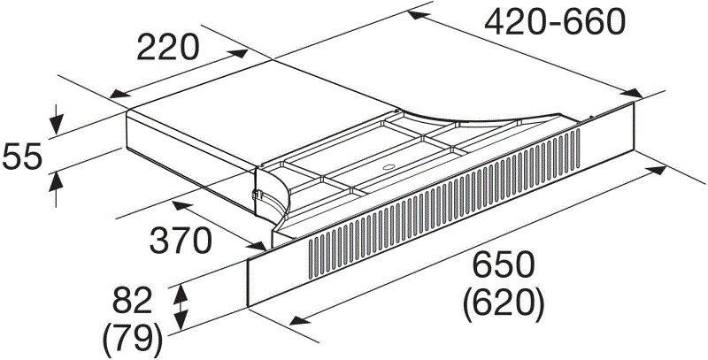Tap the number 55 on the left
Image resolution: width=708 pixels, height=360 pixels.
pyautogui.click(x=23, y=157)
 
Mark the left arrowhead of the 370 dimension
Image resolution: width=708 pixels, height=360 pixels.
pyautogui.click(x=177, y=205)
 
